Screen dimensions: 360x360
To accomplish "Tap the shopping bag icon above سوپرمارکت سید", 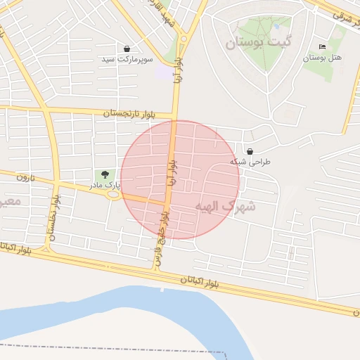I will (127, 49).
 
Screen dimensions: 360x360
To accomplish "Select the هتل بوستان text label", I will (322, 58).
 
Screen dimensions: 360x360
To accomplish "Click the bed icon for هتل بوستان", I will (323, 46).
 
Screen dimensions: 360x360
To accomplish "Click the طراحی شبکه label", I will (250, 162).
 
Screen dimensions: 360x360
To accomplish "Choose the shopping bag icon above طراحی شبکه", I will (250, 151).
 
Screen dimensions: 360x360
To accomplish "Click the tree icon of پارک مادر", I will (105, 174).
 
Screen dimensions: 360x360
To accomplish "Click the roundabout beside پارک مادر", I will (113, 195).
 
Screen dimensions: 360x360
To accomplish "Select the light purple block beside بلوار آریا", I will (164, 72).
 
